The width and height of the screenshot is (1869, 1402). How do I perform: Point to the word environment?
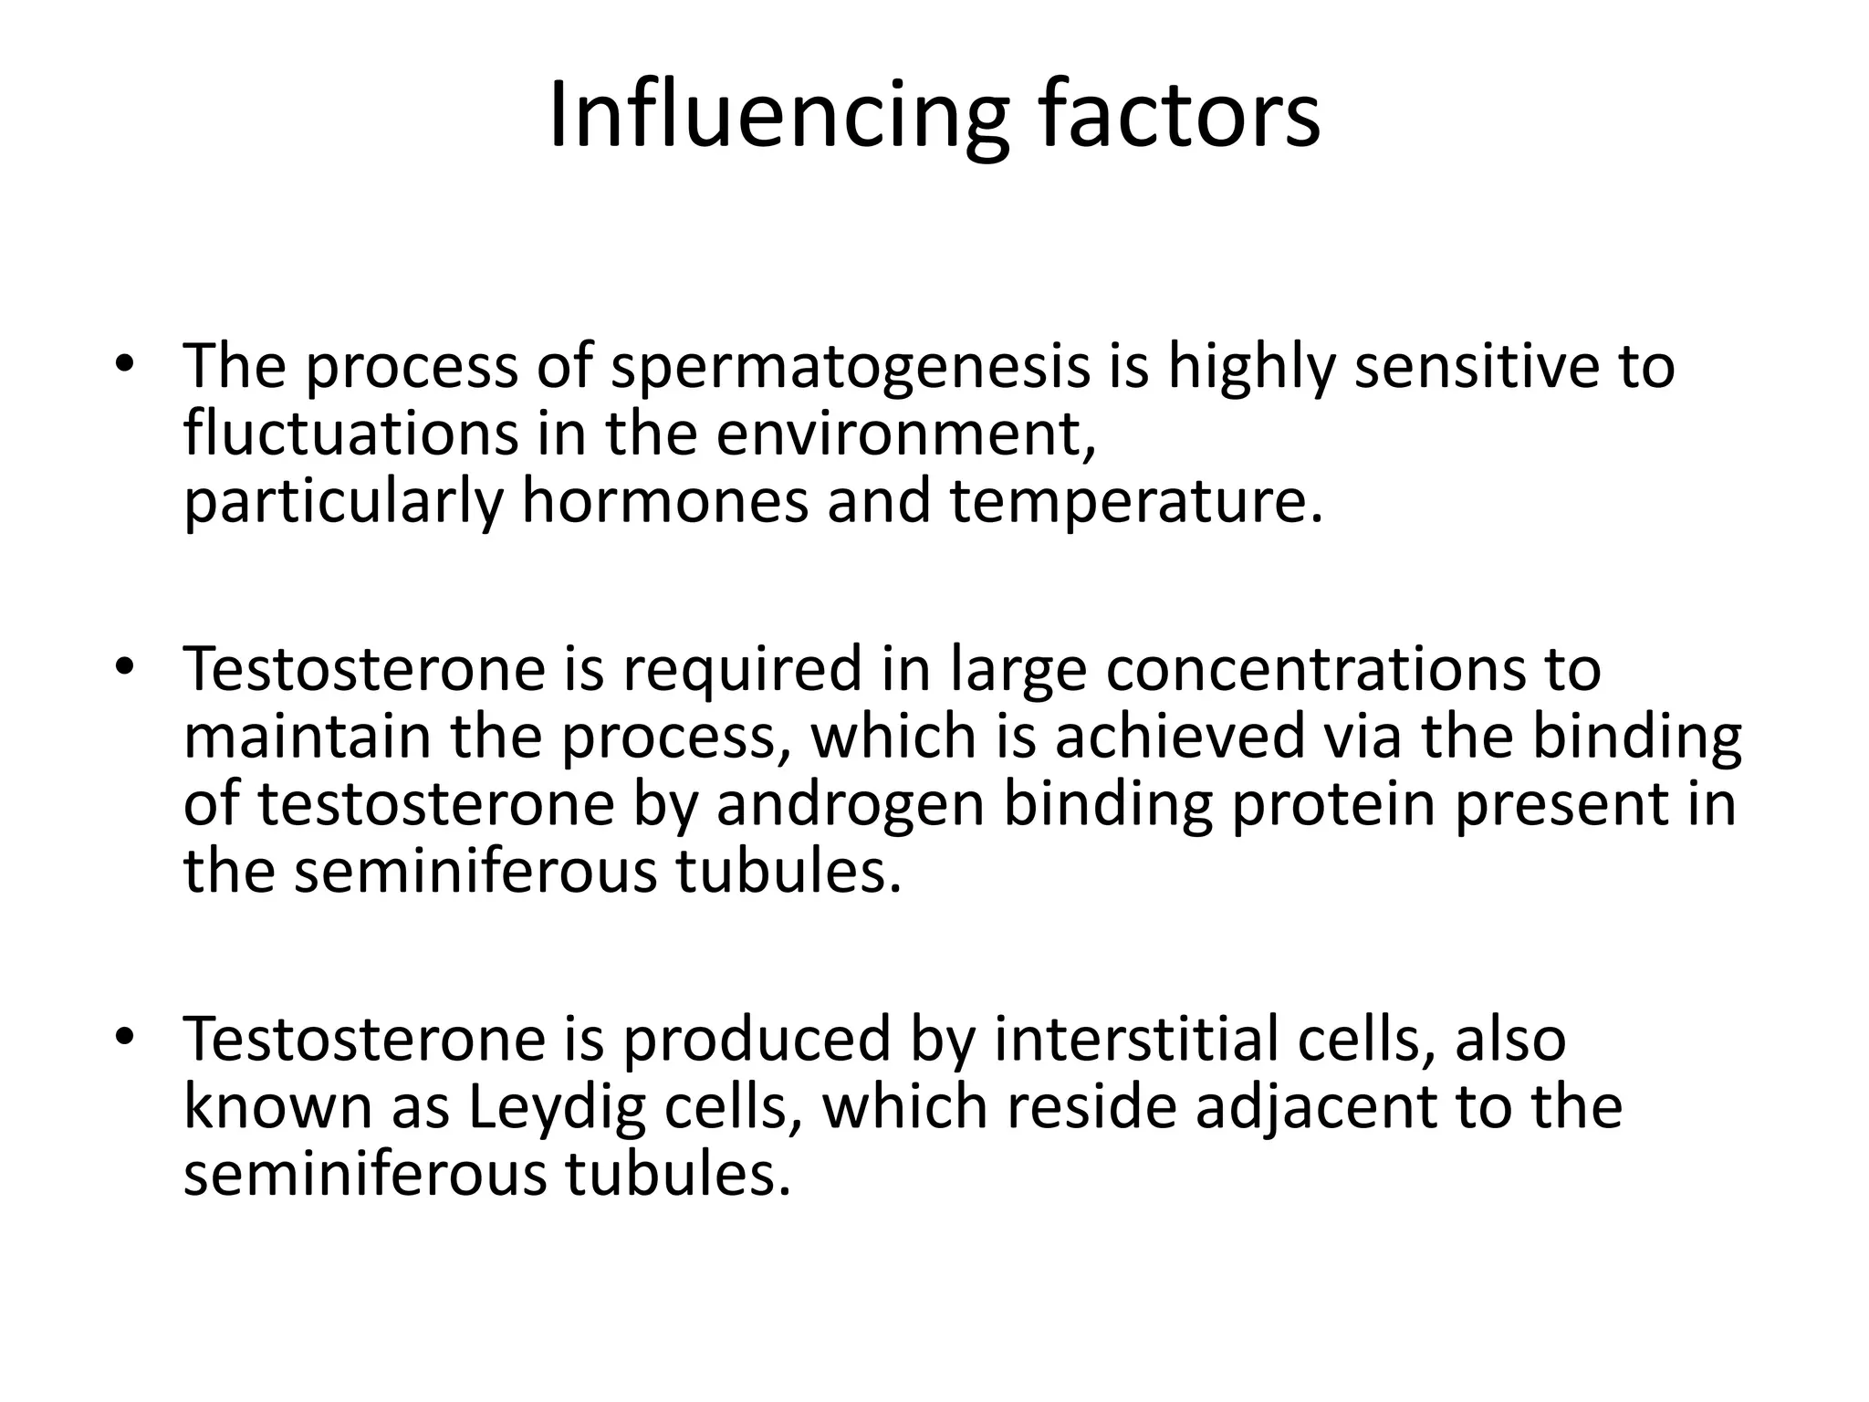(904, 434)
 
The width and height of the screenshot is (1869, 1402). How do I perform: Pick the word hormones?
(664, 501)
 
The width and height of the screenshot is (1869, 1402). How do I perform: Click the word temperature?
(1135, 503)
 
